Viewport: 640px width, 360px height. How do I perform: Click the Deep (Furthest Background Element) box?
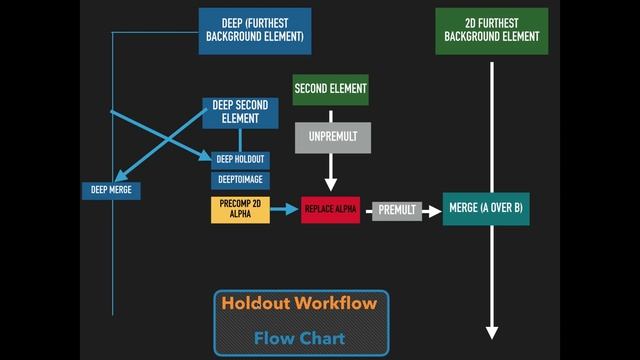coord(255,31)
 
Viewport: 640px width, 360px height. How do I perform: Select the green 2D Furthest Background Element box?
coord(491,31)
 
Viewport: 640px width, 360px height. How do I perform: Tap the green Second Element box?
coord(330,89)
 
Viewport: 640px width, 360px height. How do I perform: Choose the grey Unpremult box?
coord(332,137)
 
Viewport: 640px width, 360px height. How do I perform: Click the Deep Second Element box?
coord(240,112)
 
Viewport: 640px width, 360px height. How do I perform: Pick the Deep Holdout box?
coord(240,159)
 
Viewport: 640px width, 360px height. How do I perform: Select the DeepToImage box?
coord(240,180)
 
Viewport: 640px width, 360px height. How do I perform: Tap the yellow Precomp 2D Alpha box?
coord(240,209)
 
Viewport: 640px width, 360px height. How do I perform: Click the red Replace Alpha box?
coord(330,210)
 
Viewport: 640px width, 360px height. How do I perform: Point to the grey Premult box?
coord(397,211)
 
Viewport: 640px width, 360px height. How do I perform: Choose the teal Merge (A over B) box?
coord(486,209)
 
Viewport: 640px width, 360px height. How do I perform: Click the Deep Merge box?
coord(111,189)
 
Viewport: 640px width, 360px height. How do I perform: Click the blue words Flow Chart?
coord(299,338)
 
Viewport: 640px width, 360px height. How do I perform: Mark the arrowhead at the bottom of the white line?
coord(491,332)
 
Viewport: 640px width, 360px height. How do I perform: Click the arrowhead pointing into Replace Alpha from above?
coord(331,185)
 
